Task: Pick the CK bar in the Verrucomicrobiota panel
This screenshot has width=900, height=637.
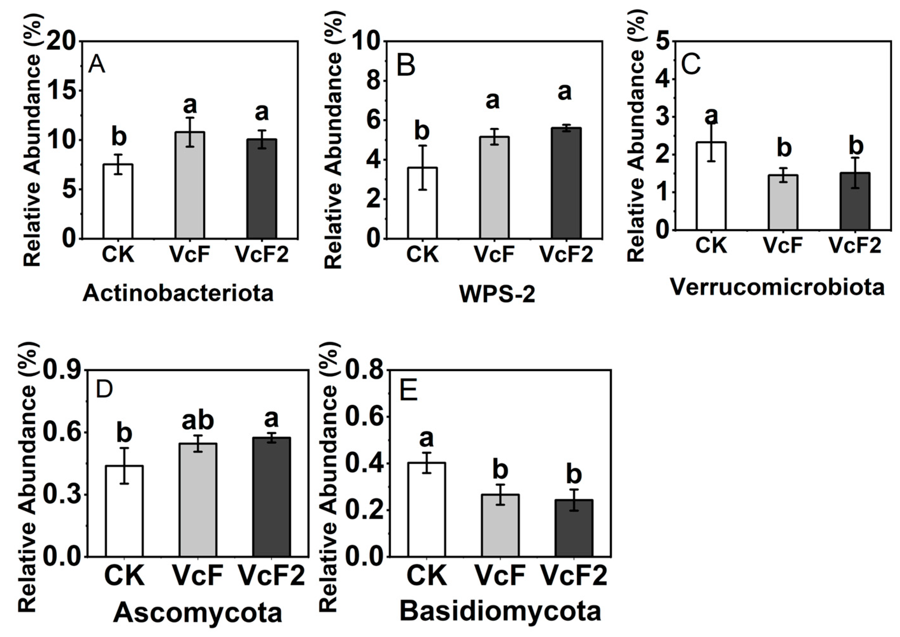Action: pos(711,186)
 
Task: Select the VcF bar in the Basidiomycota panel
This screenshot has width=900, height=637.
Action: pos(500,526)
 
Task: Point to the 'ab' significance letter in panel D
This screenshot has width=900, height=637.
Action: pos(198,420)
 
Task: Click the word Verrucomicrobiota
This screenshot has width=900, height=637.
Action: pos(777,287)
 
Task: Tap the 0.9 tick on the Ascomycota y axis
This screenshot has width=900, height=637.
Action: pos(61,370)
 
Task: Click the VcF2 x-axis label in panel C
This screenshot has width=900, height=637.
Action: pos(855,246)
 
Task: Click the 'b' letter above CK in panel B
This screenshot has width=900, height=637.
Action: pos(422,131)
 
